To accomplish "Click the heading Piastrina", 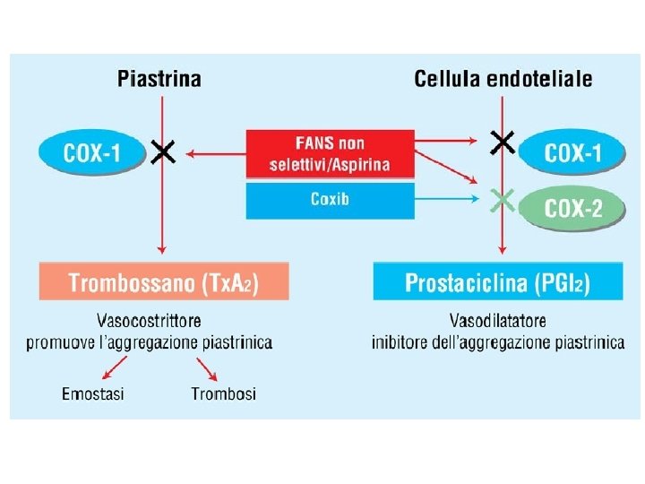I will click(x=159, y=78).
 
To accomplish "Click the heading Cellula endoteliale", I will click(x=503, y=78).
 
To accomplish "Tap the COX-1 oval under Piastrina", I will click(x=92, y=151).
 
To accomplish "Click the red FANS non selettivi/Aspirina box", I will click(x=330, y=154).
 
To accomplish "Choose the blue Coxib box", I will click(x=330, y=199).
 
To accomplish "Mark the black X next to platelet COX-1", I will click(x=162, y=151).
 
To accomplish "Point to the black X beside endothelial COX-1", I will click(x=503, y=142).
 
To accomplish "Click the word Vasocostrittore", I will click(x=149, y=321).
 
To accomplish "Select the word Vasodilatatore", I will click(x=499, y=321).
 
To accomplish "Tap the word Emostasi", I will click(x=93, y=393).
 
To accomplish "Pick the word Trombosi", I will click(x=223, y=393).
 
